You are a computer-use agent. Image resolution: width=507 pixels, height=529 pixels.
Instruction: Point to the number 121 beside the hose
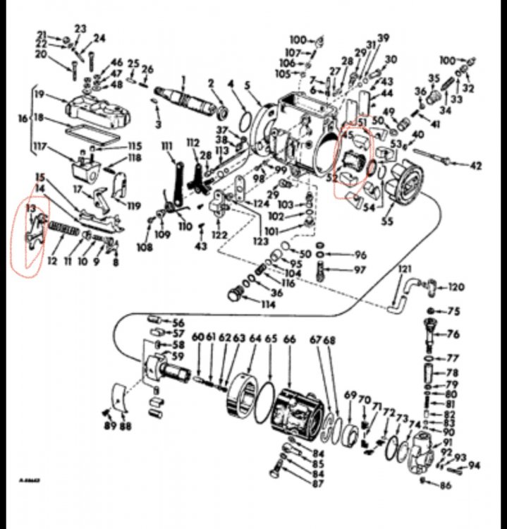point(404,270)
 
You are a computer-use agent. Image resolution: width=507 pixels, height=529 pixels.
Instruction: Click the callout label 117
point(40,147)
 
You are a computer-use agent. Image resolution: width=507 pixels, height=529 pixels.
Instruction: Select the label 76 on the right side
point(453,334)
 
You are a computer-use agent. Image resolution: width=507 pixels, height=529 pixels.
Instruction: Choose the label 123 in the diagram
point(261,241)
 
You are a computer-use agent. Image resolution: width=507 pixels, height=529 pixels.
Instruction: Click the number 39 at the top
point(383,38)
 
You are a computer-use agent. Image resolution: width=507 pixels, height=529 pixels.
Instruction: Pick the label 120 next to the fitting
point(456,288)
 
